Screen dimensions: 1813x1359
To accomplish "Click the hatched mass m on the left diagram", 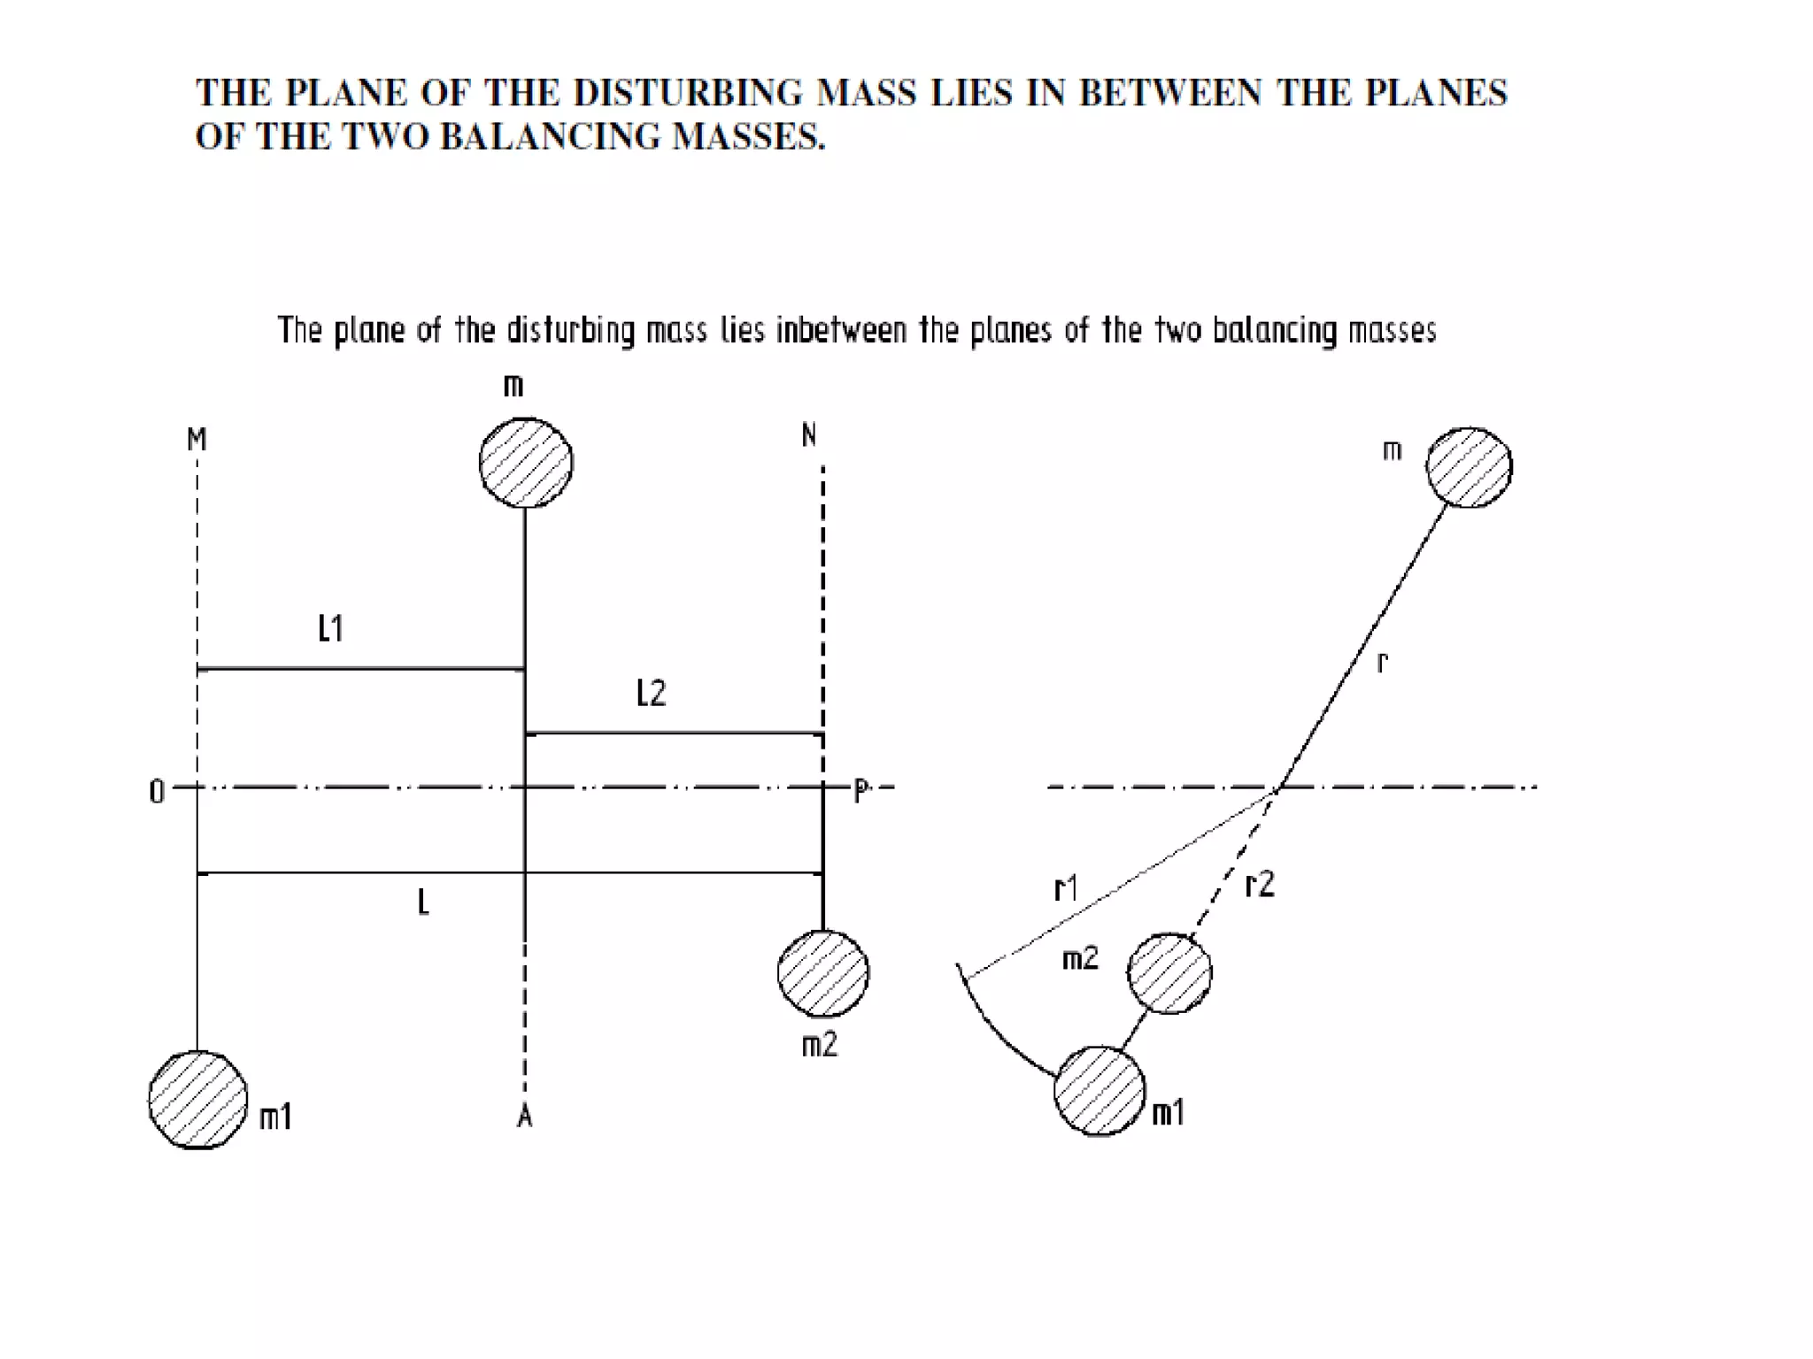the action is pos(526,463).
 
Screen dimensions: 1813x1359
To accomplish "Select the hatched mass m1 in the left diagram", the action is pos(197,1100).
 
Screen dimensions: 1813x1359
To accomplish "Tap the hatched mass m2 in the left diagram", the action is pos(823,973).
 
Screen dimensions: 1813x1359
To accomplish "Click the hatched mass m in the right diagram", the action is pos(1470,467).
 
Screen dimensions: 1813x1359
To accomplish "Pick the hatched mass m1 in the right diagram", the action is pos(1099,1091).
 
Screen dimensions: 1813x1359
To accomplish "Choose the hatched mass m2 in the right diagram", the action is pos(1169,973).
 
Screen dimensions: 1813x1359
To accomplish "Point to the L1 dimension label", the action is pos(330,629).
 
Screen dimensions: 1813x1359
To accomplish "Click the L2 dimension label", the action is pos(651,694).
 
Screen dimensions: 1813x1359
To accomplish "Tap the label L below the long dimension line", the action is pos(423,903).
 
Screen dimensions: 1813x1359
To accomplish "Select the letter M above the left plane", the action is pos(197,439).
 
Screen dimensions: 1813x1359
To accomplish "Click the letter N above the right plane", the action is pos(808,435).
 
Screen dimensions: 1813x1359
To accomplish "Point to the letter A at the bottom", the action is pos(524,1118).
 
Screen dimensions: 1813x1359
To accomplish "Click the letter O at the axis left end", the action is pos(157,792).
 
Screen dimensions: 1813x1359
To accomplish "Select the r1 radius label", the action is pos(1066,887).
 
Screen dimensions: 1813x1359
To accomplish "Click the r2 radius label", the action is pos(1259,884).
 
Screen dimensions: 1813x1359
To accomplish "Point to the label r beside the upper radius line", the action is pos(1383,662).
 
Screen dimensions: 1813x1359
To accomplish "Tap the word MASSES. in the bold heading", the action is pos(748,136).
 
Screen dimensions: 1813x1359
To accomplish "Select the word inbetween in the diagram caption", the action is pos(841,330).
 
